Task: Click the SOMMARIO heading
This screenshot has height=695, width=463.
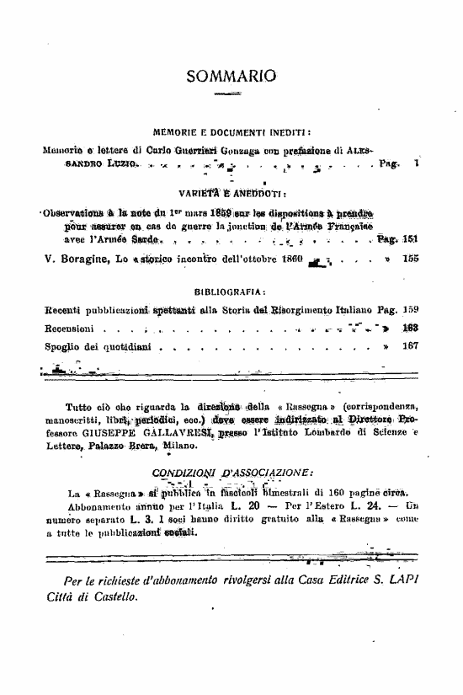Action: click(x=231, y=77)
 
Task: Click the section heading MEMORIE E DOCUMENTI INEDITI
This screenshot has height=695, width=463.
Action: click(x=231, y=132)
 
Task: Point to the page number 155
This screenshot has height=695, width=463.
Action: click(x=411, y=259)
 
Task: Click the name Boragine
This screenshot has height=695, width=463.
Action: click(x=84, y=259)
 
